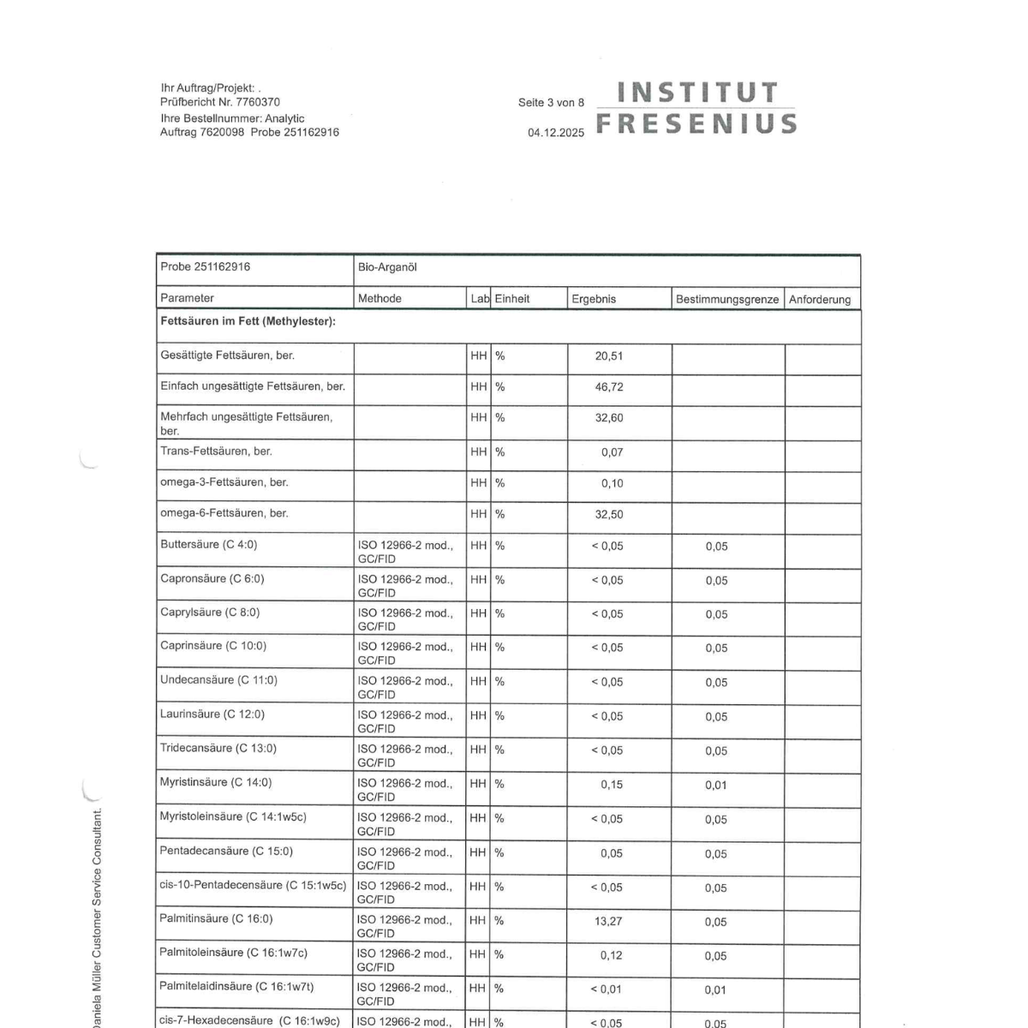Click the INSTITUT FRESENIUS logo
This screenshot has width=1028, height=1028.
point(696,108)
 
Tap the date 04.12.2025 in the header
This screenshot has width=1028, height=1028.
point(556,133)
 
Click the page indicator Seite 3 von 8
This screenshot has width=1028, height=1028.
point(551,103)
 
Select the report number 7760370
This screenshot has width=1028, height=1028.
point(258,102)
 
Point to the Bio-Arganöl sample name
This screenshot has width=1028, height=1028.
point(387,267)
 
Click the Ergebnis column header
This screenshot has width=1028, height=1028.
point(594,299)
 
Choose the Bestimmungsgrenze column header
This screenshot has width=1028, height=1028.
point(727,299)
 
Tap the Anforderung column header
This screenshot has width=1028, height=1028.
point(820,299)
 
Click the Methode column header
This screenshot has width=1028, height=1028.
point(380,298)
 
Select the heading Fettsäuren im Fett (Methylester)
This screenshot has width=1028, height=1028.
point(248,321)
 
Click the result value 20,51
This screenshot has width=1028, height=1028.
point(609,356)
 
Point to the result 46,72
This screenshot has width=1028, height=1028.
point(609,387)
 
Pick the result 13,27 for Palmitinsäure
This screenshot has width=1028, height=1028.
point(608,922)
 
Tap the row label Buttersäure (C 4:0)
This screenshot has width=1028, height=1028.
point(208,545)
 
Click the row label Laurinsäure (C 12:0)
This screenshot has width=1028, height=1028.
point(212,714)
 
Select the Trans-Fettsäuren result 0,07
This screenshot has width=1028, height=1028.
point(612,452)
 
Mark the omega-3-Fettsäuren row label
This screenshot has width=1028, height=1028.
point(224,482)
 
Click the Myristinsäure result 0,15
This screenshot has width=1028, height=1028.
point(612,785)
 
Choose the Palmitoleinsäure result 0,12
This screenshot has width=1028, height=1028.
point(612,956)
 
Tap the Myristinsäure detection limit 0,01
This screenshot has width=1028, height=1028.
point(716,785)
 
